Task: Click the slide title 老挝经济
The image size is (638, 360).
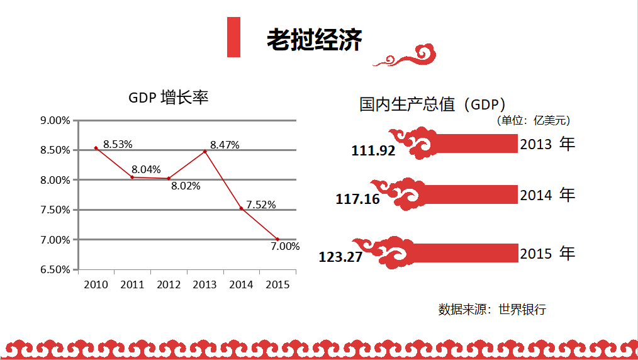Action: click(314, 40)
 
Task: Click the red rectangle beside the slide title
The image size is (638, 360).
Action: click(233, 37)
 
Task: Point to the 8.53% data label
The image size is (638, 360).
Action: click(118, 144)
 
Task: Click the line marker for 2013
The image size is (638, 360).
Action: click(204, 151)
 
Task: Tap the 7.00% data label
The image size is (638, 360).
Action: click(285, 247)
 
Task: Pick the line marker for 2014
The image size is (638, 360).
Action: click(241, 208)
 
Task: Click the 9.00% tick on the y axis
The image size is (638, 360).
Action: click(55, 120)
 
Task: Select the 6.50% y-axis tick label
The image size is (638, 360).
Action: click(55, 270)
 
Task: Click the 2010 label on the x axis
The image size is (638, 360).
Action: click(96, 284)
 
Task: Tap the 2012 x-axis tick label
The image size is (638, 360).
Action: click(169, 284)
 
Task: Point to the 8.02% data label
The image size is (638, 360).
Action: click(186, 186)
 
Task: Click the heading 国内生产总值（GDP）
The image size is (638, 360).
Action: click(432, 104)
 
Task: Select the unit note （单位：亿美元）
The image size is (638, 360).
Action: click(533, 120)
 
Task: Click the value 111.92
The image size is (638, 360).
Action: click(373, 151)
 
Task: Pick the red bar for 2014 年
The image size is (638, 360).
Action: click(466, 194)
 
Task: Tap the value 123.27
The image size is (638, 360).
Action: click(340, 257)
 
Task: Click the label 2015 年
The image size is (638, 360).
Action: click(547, 254)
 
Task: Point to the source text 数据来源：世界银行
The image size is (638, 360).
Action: click(492, 309)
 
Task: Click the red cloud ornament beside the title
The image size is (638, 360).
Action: click(406, 55)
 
